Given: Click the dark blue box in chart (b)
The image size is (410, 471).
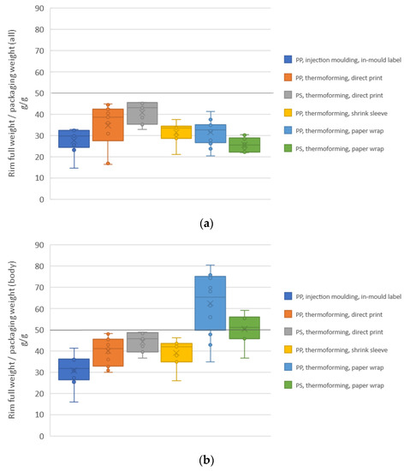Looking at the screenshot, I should [x=74, y=369].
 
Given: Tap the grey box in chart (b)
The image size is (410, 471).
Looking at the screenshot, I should [x=142, y=343].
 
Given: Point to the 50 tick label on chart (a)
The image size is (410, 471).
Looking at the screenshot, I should [x=39, y=93].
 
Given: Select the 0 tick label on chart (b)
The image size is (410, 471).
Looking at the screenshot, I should [x=42, y=436].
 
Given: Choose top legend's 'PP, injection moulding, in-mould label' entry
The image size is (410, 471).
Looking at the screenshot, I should [x=342, y=59].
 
